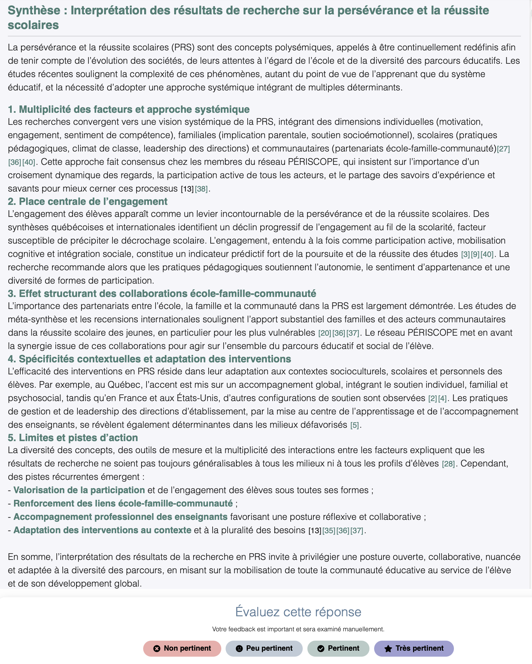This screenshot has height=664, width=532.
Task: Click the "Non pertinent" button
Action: coord(182,648)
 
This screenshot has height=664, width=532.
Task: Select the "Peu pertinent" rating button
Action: coord(264,648)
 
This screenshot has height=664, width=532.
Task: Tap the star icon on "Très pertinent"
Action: coord(388,649)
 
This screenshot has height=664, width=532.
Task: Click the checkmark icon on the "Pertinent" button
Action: coord(321,649)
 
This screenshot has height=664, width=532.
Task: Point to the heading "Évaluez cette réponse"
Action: coord(298,612)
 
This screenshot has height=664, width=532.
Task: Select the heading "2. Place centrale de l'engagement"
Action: coord(87,202)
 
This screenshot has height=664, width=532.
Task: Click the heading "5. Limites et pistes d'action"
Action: coord(73,438)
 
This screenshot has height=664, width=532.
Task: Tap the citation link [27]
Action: coord(503,149)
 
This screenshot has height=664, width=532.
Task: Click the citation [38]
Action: coord(201,189)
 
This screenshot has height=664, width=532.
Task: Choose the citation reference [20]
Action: coord(324,333)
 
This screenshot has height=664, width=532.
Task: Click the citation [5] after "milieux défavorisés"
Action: coord(354,425)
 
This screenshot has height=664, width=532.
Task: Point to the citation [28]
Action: coord(448,464)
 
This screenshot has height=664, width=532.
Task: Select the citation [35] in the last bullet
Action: coord(329,531)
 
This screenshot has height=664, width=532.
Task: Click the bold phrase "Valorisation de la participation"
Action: coord(79,490)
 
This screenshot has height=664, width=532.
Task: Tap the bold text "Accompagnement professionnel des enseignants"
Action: coord(120,517)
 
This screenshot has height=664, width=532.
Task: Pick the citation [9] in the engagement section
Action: coord(475,254)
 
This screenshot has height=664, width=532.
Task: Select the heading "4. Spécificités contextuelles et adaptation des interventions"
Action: coord(149,359)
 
